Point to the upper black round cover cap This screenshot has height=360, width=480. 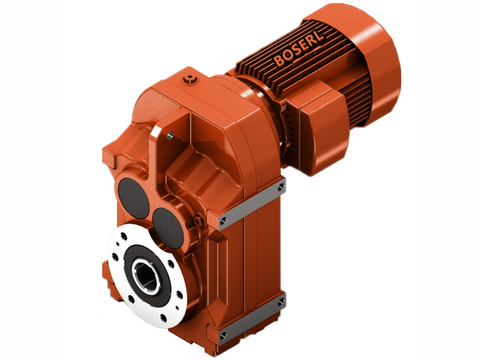[x=133, y=197]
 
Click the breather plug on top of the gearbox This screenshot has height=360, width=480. [x=191, y=77]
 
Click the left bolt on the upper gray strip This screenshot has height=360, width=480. [x=224, y=223]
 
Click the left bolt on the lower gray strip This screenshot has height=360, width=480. [x=224, y=337]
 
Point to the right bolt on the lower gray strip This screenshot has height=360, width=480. [x=280, y=304]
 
